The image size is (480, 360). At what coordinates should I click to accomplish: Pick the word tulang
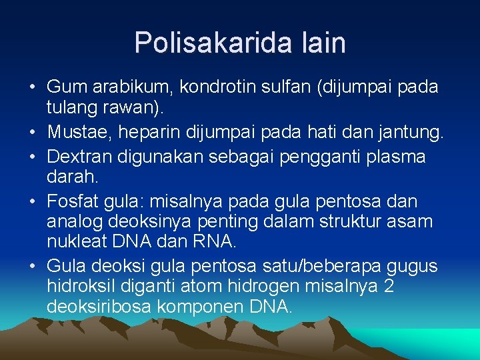(x=69, y=107)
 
